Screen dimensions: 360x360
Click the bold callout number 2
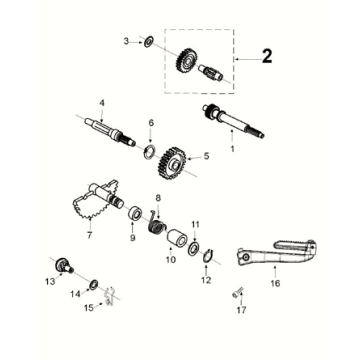click(x=267, y=56)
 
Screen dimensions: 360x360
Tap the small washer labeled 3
click(x=148, y=43)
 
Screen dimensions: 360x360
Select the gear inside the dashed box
click(x=184, y=61)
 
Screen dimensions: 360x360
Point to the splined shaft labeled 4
click(x=111, y=130)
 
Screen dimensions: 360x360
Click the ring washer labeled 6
click(x=149, y=152)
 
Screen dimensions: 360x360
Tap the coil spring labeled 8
click(x=156, y=224)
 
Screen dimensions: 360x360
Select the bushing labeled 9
click(x=135, y=213)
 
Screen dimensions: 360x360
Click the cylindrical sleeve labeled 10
click(x=177, y=238)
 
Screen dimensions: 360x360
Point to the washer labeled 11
click(x=193, y=249)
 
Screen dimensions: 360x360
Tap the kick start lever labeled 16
click(x=276, y=254)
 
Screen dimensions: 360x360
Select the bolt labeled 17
click(x=237, y=292)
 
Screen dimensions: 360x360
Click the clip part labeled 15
click(x=109, y=296)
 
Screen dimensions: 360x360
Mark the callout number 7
click(x=89, y=235)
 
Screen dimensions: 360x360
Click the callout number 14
click(x=75, y=294)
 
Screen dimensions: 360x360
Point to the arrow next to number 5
click(x=194, y=157)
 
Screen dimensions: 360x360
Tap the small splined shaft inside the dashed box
click(x=210, y=72)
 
